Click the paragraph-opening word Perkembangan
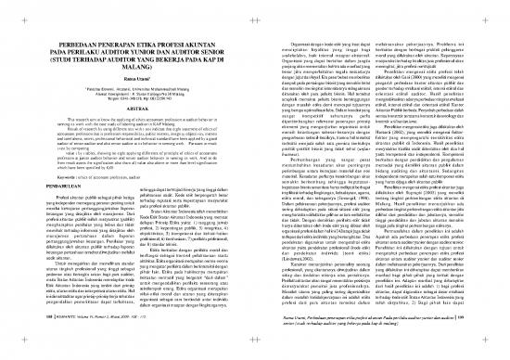click(289, 158)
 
